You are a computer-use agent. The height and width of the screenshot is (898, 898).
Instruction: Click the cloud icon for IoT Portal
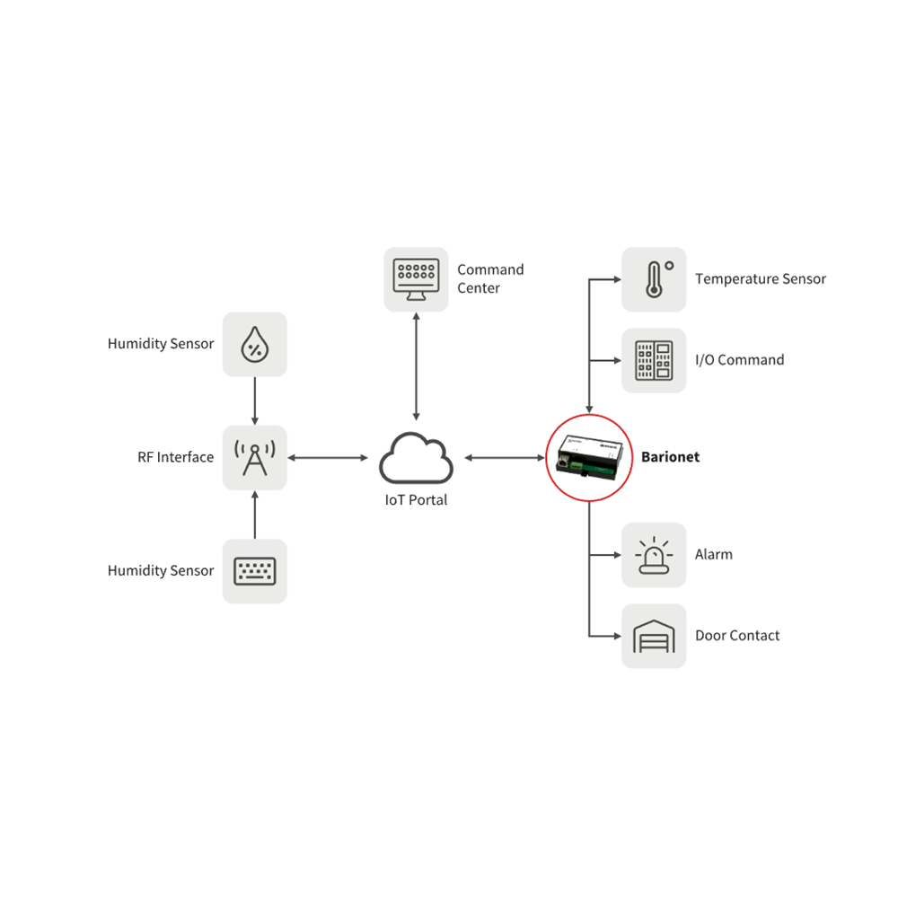tap(416, 458)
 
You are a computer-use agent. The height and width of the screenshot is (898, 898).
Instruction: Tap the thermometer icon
tap(654, 279)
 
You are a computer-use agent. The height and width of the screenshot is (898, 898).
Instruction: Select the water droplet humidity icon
tap(255, 344)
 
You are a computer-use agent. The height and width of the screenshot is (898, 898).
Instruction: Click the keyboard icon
tap(255, 571)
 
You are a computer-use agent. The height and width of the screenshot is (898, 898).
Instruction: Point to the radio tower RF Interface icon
tap(255, 458)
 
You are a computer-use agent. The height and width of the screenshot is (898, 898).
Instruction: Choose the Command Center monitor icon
tap(416, 279)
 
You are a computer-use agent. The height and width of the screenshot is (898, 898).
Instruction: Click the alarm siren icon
tap(654, 555)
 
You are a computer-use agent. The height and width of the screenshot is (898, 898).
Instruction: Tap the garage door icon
tap(654, 636)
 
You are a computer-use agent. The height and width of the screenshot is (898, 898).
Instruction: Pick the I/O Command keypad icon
tap(654, 360)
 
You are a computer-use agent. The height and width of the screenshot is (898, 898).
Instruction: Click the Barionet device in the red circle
tap(588, 457)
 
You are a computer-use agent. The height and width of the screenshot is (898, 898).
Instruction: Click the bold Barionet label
tap(670, 457)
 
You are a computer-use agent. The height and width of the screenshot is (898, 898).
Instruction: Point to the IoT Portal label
tap(416, 500)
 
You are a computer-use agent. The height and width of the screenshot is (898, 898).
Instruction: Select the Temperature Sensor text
tap(760, 279)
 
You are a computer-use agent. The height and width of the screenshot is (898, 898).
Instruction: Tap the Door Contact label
tap(737, 636)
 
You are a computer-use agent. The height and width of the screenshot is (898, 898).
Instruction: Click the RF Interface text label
tap(176, 457)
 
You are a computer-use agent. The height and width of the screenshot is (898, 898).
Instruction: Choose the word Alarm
tap(714, 555)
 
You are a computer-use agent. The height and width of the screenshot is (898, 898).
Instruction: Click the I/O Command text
tap(739, 360)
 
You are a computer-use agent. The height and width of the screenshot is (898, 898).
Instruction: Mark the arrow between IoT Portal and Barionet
tap(505, 458)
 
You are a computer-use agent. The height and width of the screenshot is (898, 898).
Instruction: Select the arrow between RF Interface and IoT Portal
tap(328, 458)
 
